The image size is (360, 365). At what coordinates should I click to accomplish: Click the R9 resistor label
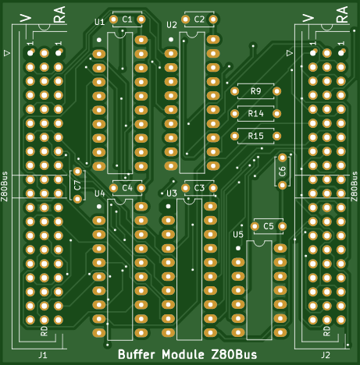point(255,91)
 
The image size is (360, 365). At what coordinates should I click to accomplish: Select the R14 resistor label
point(255,114)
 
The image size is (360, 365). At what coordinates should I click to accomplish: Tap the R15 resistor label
point(255,136)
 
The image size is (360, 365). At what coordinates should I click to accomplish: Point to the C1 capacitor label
point(127,19)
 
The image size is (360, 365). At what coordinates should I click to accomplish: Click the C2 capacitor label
point(199,19)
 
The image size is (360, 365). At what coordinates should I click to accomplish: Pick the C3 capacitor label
point(199,188)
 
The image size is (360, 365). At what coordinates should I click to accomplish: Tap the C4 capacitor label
point(127,188)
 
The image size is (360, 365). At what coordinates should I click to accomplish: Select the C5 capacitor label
point(269,226)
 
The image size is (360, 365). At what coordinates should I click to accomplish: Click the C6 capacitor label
point(282,172)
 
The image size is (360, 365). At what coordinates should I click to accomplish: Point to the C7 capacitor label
point(77,186)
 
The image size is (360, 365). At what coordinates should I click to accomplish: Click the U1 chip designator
point(100,23)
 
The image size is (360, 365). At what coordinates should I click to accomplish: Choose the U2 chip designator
point(172,25)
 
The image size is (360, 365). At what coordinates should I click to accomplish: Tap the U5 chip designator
point(238,235)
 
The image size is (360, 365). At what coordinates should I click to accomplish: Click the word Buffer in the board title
point(137,354)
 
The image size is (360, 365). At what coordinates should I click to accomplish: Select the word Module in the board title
point(183,354)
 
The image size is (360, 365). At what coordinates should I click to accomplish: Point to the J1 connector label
point(43,355)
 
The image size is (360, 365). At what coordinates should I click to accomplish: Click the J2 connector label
point(326,355)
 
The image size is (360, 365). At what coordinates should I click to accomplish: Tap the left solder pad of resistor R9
point(234,91)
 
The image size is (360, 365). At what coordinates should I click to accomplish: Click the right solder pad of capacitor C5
point(282,226)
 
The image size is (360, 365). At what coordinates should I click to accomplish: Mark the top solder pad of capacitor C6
point(283,158)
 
